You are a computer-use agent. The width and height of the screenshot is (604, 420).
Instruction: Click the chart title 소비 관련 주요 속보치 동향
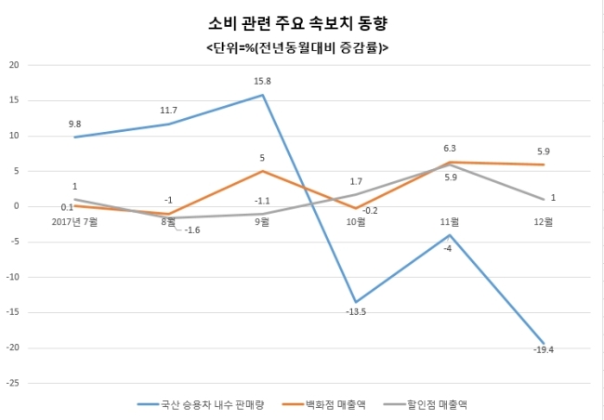(297, 24)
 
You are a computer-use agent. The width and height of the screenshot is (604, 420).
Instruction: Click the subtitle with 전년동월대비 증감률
(297, 48)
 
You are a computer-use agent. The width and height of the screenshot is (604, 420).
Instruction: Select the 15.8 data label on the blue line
(262, 82)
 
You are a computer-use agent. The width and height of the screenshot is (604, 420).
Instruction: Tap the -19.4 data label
(544, 350)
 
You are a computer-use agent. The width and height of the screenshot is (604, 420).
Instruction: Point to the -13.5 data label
(356, 311)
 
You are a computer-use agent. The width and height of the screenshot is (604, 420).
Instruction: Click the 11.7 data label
(168, 111)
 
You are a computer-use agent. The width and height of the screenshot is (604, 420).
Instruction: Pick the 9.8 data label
(74, 125)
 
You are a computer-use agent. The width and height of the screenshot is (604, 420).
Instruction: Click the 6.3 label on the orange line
(449, 149)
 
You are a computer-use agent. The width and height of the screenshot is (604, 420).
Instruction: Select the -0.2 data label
(370, 211)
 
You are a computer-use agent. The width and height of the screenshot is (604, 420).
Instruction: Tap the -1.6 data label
(192, 230)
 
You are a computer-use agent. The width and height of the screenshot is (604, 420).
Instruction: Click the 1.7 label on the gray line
(356, 181)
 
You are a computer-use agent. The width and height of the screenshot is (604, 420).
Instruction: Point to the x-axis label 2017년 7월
(74, 222)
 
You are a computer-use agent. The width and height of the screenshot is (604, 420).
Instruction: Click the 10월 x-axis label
(356, 222)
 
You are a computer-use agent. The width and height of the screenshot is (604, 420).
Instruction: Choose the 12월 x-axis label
(544, 222)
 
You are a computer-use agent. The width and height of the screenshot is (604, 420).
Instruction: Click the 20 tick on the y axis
(14, 65)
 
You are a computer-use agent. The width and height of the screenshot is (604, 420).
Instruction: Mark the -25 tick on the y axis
(12, 384)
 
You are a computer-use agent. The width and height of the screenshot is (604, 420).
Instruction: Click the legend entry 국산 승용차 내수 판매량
(201, 404)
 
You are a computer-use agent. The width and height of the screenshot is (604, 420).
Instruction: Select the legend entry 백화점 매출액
(324, 404)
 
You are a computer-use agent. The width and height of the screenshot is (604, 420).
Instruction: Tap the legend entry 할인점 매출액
(427, 404)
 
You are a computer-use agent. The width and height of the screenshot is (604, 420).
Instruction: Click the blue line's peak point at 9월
(262, 95)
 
